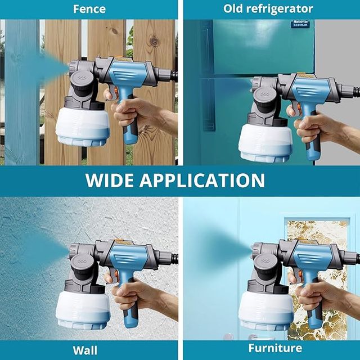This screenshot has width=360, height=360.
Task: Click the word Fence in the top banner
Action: tap(89, 8)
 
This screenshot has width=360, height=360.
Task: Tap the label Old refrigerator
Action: tap(268, 8)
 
